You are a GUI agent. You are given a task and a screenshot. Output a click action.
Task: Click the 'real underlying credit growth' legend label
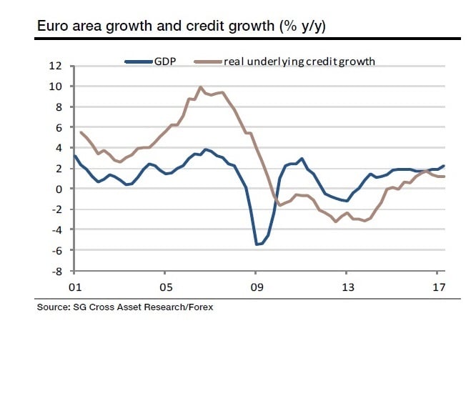point(299,61)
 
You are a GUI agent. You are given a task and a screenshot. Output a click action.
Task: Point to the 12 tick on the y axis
point(56,66)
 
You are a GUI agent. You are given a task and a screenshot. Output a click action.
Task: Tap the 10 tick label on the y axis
point(56,86)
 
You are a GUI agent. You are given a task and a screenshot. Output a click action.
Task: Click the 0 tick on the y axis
point(59,189)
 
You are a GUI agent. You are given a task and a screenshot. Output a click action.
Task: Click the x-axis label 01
point(74,287)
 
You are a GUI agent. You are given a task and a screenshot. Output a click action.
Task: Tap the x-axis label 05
point(165,287)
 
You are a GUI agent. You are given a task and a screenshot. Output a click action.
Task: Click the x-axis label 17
point(438,287)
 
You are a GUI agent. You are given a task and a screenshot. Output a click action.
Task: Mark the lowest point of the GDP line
point(257,244)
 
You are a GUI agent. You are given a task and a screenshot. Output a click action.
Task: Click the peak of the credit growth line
point(201,88)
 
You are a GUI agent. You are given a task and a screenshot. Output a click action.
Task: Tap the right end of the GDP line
point(444,166)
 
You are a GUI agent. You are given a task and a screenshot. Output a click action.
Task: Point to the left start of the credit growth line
point(81,132)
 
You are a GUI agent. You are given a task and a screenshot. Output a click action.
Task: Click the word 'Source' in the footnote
point(52,307)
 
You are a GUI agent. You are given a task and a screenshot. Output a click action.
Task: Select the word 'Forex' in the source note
point(199,307)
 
